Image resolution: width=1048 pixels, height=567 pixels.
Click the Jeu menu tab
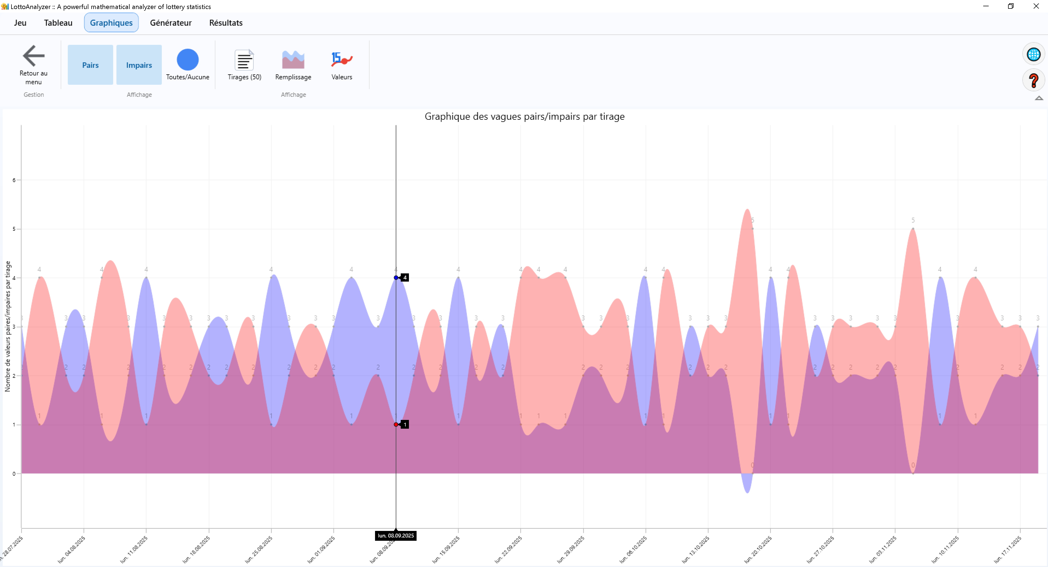coord(20,23)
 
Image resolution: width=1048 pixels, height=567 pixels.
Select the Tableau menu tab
coord(58,23)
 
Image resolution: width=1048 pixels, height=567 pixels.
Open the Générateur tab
coord(171,23)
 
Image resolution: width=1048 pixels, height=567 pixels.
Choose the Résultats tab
coord(226,23)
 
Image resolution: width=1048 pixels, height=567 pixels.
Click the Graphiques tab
coord(111,23)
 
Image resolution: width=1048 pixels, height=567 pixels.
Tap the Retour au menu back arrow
coord(33,56)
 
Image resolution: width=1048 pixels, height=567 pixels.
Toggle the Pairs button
coord(90,65)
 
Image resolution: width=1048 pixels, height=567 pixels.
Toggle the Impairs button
coord(139,65)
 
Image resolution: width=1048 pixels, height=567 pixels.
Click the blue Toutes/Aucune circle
coord(188,60)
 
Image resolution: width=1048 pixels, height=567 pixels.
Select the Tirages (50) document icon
coord(244,60)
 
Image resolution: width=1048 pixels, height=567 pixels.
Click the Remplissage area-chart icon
coord(293,60)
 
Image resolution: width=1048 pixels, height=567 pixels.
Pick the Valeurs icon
coord(341,60)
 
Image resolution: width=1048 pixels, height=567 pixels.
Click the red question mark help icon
coord(1033,80)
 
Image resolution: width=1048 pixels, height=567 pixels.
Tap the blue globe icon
coord(1033,54)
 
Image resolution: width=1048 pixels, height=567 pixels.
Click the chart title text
coord(524,116)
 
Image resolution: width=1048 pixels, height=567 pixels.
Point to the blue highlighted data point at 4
coord(396,277)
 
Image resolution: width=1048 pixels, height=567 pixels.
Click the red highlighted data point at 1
coord(396,425)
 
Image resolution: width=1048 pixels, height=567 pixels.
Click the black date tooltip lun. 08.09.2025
coord(396,536)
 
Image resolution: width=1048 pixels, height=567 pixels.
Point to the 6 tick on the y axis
coord(14,180)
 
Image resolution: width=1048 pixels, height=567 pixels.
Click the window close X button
coord(1036,6)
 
